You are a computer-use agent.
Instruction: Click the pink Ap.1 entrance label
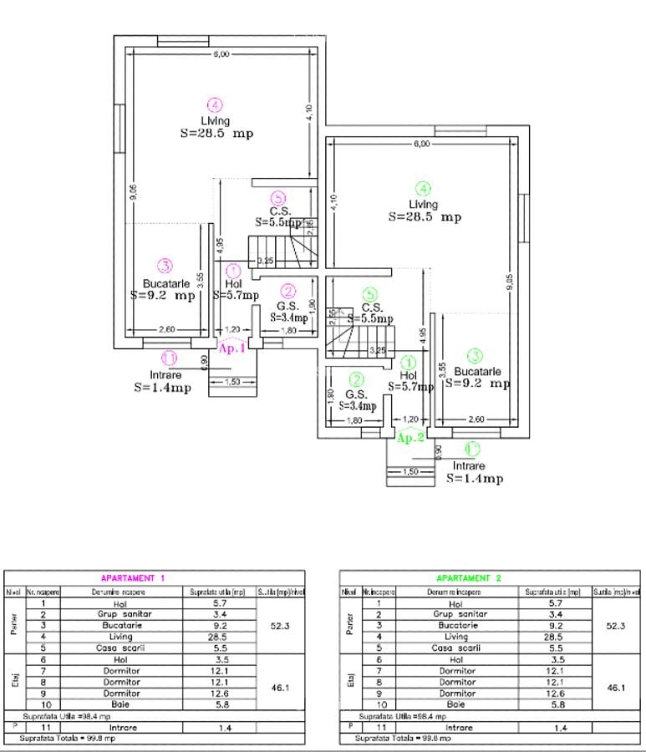(231, 348)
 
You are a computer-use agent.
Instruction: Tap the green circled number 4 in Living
(424, 189)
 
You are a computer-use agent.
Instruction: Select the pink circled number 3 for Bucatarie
(165, 267)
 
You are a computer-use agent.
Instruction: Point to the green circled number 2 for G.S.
(356, 379)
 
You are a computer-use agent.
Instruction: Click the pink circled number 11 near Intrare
(169, 358)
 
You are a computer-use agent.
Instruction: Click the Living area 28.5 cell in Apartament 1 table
(197, 637)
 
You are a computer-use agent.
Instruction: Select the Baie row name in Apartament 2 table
(456, 705)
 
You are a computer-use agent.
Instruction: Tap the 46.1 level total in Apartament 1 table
(281, 688)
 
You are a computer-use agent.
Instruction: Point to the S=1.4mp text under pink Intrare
(162, 389)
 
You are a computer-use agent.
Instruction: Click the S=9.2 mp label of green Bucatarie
(476, 384)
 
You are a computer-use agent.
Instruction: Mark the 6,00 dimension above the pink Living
(220, 54)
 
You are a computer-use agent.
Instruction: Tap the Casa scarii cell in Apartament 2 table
(456, 648)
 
